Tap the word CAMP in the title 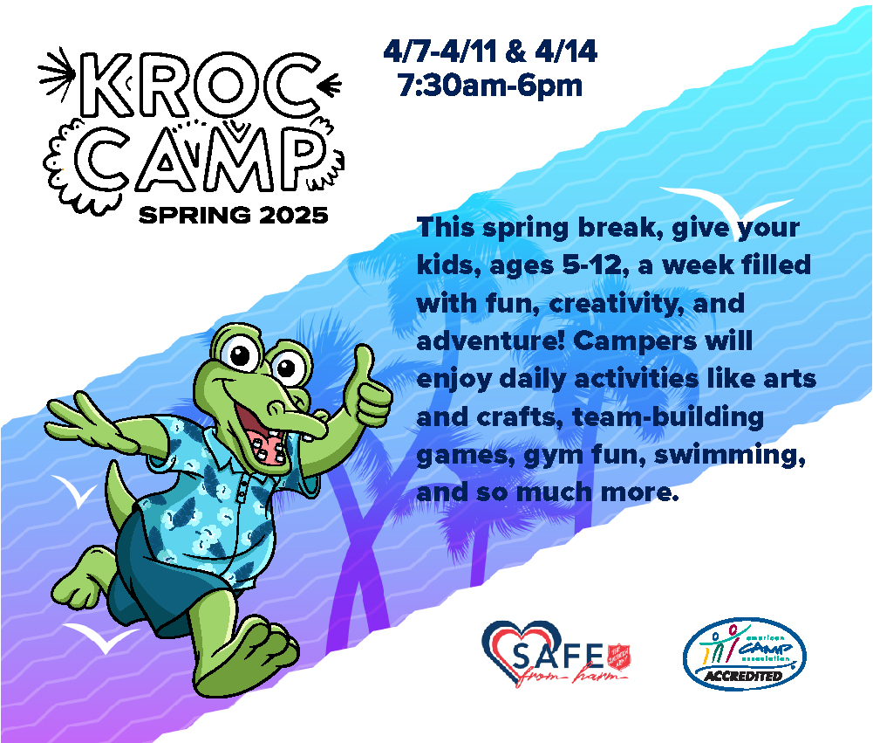[x=199, y=161]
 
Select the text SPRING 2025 [x=234, y=214]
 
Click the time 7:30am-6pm [x=488, y=86]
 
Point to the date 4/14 [x=566, y=52]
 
